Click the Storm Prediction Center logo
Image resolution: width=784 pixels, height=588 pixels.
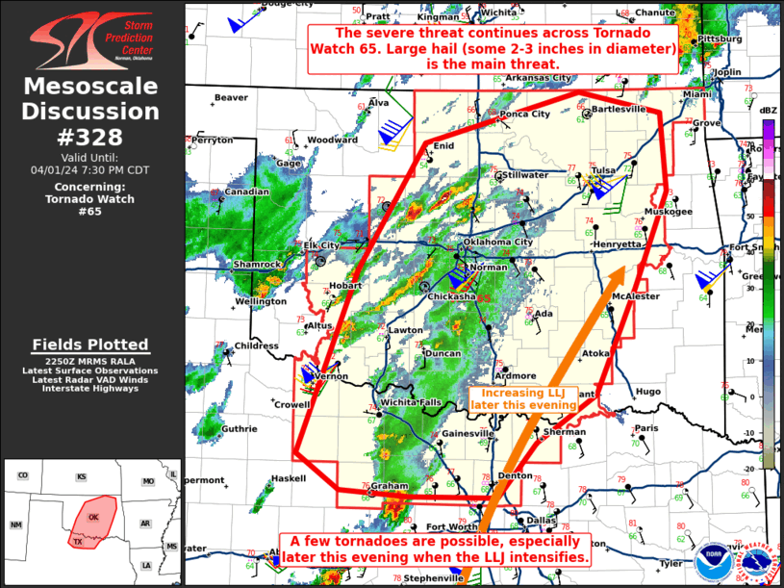pos(91,38)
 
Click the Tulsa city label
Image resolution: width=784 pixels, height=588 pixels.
pos(603,170)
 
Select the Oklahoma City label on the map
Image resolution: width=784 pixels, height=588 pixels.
pos(498,242)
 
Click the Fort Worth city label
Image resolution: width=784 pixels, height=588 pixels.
pos(450,526)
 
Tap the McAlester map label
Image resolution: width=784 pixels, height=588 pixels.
pos(636,296)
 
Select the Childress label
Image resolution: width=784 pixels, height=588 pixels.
pos(256,345)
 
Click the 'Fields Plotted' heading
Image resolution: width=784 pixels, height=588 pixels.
pos(90,345)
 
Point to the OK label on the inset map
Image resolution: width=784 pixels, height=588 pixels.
pos(94,517)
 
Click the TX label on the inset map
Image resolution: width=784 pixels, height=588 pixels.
pos(78,542)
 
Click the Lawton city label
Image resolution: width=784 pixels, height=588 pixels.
pos(406,330)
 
